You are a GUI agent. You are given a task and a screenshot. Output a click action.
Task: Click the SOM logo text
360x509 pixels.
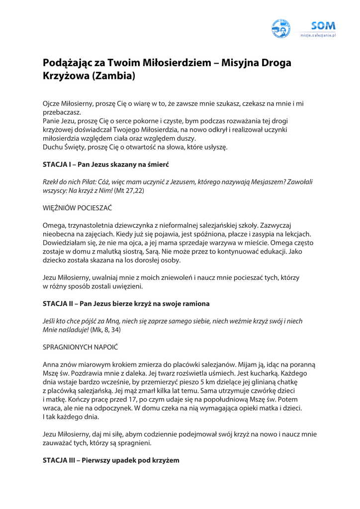323,25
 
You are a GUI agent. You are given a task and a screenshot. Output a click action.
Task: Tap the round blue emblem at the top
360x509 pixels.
281,29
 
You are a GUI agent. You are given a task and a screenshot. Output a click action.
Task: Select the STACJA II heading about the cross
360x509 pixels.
126,303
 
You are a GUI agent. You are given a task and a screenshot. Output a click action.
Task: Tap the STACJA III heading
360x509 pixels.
110,460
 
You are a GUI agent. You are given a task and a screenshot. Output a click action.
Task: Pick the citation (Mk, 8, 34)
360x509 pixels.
105,330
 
